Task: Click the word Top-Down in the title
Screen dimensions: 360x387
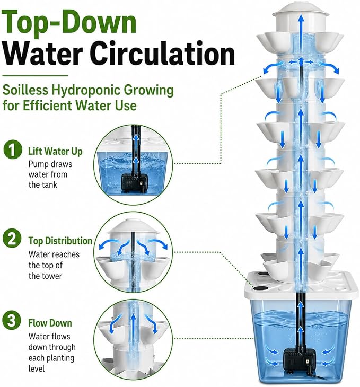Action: pos(69,22)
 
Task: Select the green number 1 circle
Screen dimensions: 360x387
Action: pos(13,149)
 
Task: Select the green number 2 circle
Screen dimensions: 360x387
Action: pos(12,238)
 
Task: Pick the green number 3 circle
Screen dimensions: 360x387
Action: pos(12,320)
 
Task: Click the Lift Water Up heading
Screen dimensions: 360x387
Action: pos(55,152)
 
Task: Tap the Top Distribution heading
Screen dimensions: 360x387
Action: pos(60,241)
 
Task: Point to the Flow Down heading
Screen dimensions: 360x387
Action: pos(50,323)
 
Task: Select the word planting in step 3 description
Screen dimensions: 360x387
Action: pos(60,358)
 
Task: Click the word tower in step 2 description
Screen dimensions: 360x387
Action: pos(52,276)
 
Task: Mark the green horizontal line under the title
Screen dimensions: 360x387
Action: pos(35,76)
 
